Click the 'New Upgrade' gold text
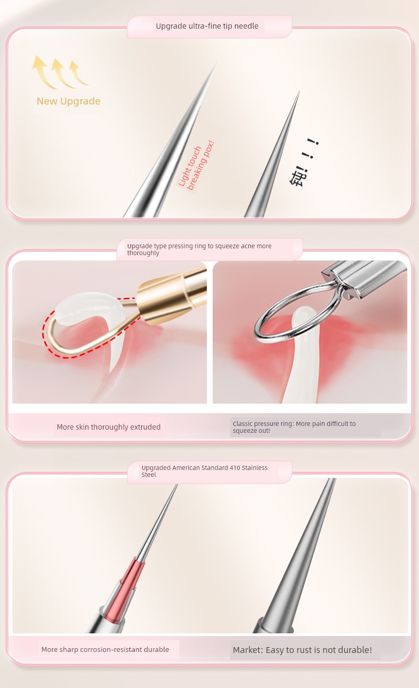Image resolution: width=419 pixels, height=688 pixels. (x=68, y=101)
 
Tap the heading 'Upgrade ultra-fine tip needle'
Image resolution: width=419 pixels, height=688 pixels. (x=207, y=26)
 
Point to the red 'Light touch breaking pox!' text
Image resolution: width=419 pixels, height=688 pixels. (x=196, y=166)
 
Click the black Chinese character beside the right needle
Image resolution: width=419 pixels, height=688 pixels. (x=297, y=178)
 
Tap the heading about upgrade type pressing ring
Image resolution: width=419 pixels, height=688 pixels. (x=199, y=249)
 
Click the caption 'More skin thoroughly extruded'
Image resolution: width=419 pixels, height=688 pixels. (x=108, y=427)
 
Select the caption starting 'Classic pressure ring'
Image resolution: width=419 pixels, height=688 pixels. (x=294, y=427)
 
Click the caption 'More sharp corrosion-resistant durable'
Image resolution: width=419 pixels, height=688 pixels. (x=105, y=649)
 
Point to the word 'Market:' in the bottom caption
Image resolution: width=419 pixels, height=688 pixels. (x=248, y=650)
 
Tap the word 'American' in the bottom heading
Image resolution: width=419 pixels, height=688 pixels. (x=185, y=468)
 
